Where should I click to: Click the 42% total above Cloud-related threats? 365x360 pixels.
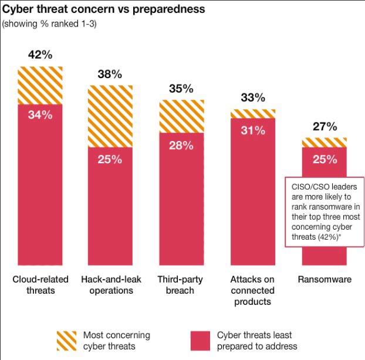[40, 55]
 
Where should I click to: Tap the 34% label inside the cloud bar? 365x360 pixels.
[40, 115]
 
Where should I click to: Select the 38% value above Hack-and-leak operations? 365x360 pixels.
[110, 74]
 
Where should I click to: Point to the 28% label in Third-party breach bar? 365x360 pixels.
[181, 145]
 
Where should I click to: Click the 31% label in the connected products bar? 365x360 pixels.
[252, 130]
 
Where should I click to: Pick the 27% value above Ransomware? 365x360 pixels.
[324, 126]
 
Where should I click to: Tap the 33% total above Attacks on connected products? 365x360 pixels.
[252, 98]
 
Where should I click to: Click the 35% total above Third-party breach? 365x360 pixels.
[181, 89]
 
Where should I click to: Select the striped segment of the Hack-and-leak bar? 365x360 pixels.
[110, 116]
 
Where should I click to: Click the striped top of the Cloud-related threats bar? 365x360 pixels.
[40, 85]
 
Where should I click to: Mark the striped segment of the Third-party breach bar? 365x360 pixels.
[181, 116]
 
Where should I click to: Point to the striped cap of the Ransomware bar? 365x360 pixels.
[324, 142]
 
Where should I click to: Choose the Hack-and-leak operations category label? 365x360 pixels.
[110, 285]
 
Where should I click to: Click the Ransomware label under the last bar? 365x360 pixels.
[324, 280]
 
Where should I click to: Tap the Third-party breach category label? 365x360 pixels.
[181, 285]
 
